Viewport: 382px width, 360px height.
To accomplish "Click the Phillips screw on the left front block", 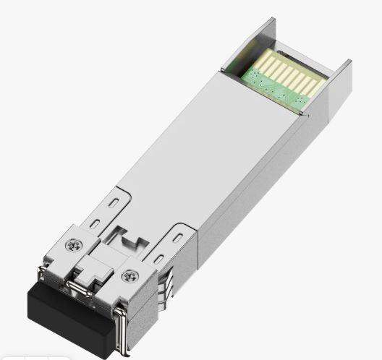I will tap(72, 247).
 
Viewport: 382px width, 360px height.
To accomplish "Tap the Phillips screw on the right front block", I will tap(130, 275).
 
